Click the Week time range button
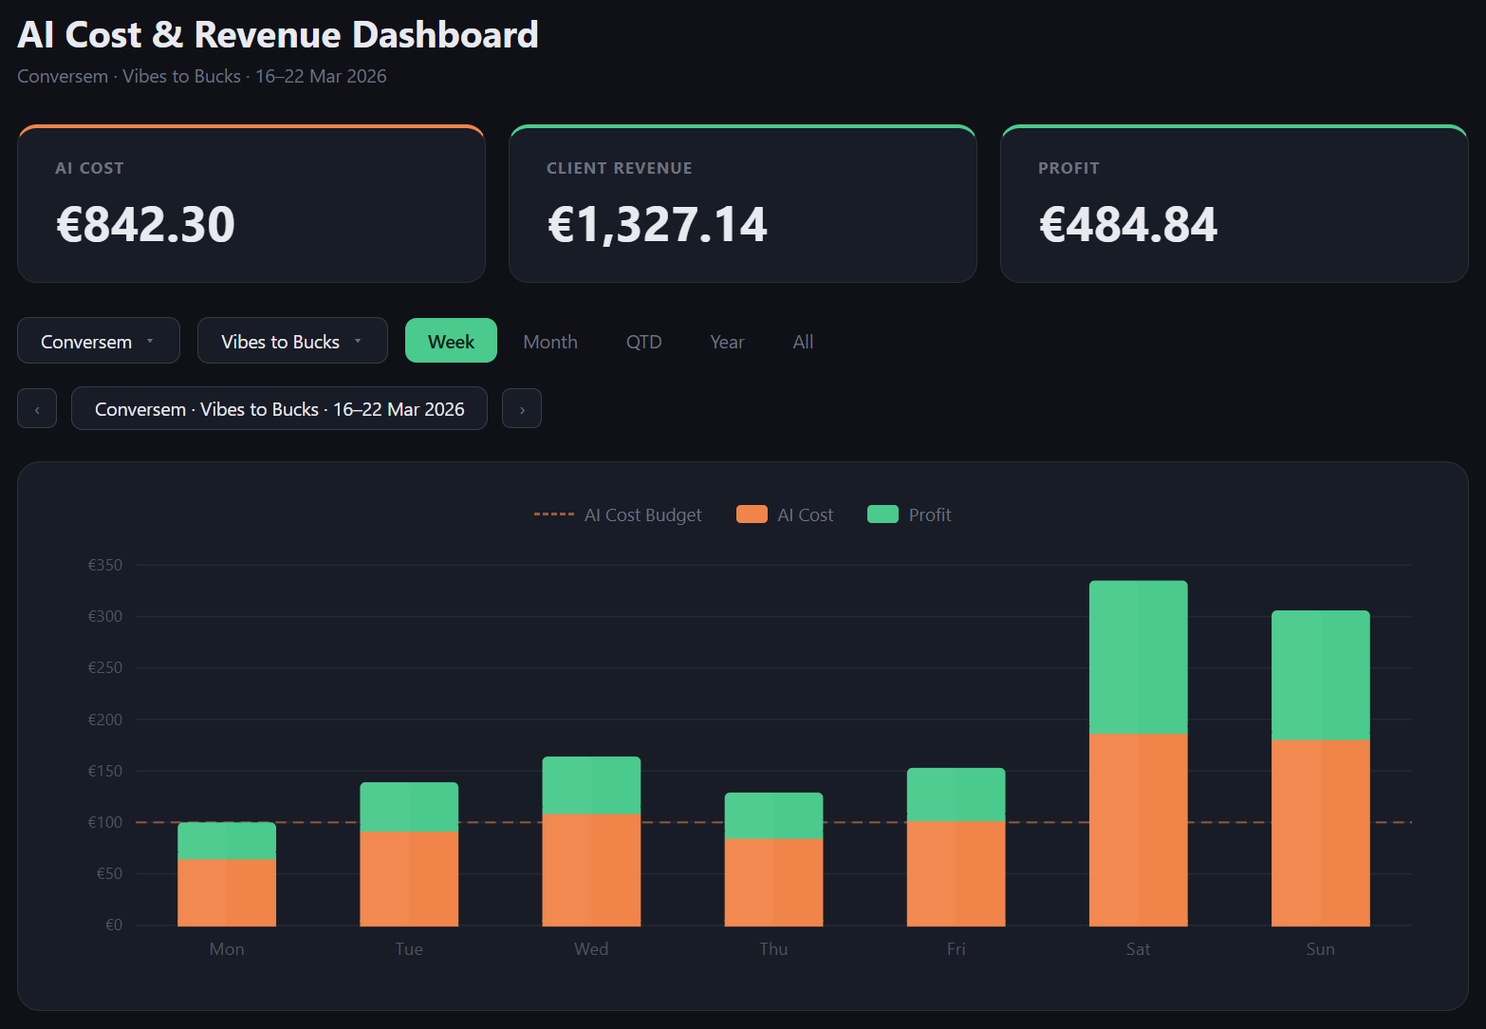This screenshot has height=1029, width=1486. click(451, 341)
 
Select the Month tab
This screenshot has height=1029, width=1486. click(549, 342)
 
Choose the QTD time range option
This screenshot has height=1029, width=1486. click(643, 342)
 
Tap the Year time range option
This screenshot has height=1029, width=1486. click(727, 342)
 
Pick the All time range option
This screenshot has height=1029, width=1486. click(803, 342)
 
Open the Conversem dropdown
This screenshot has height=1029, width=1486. click(98, 341)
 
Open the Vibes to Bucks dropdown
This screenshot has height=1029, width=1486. click(291, 341)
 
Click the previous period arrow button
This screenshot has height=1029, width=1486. click(37, 409)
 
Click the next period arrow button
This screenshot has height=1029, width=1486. click(522, 409)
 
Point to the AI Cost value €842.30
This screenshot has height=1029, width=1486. click(145, 225)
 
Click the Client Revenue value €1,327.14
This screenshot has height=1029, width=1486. click(657, 225)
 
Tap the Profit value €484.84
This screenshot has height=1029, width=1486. click(1127, 225)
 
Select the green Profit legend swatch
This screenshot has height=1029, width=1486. click(882, 514)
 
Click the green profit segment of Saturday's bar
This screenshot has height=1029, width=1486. click(1138, 657)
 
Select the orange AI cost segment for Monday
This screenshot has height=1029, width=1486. click(227, 892)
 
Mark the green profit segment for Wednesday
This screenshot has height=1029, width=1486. click(591, 785)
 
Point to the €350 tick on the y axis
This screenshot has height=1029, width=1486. click(105, 565)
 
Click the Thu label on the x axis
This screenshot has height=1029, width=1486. click(773, 948)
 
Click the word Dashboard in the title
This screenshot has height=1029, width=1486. click(445, 35)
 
